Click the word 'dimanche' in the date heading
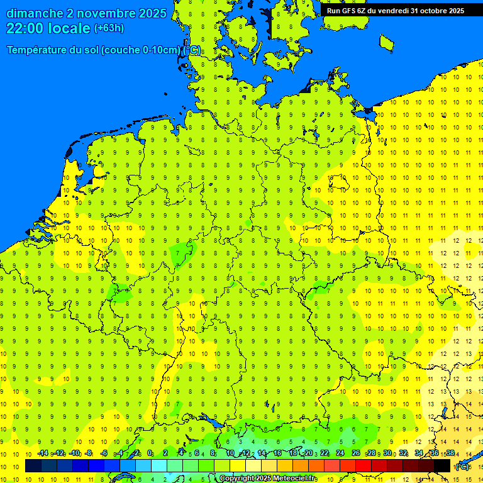[35, 13]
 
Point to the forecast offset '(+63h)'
[109, 28]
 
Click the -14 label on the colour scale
[42, 453]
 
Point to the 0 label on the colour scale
[150, 453]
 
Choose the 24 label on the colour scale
[340, 453]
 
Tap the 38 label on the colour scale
[450, 453]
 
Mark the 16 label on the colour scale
[277, 453]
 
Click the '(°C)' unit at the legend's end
[462, 467]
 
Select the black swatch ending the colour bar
[442, 466]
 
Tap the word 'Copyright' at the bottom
[236, 479]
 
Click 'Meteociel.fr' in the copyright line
[296, 479]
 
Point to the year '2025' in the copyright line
[264, 479]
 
